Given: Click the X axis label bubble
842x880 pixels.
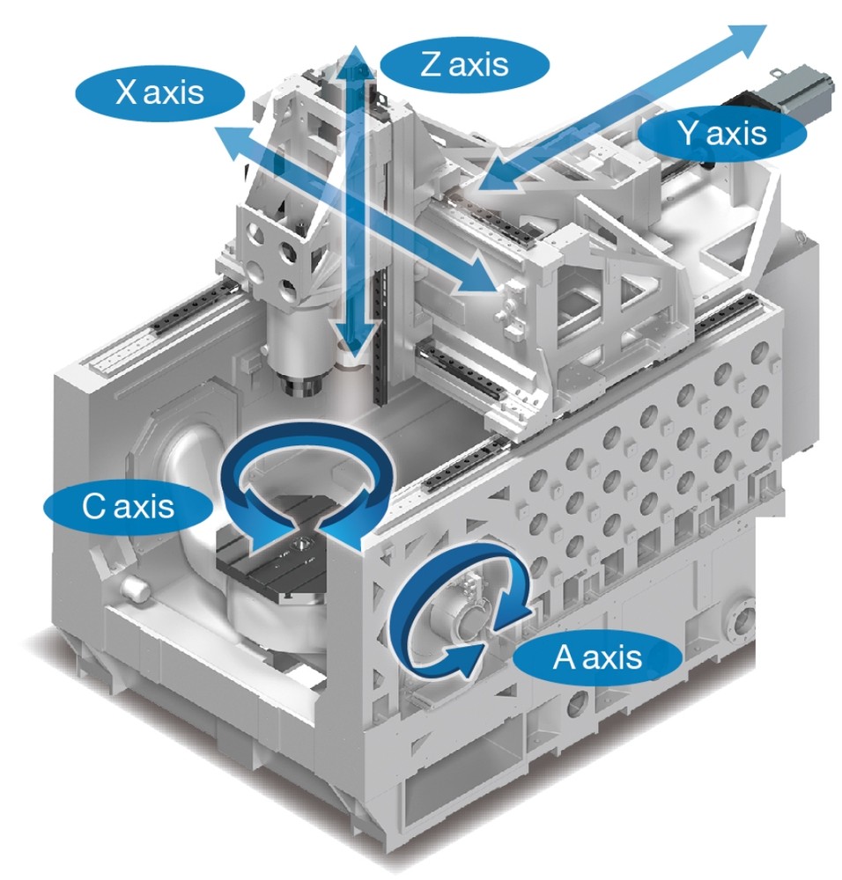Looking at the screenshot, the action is [160, 92].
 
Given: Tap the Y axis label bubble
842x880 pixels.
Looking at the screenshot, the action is [722, 134].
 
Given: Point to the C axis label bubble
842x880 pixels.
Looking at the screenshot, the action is [128, 507].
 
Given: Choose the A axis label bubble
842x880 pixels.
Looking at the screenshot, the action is [598, 657].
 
